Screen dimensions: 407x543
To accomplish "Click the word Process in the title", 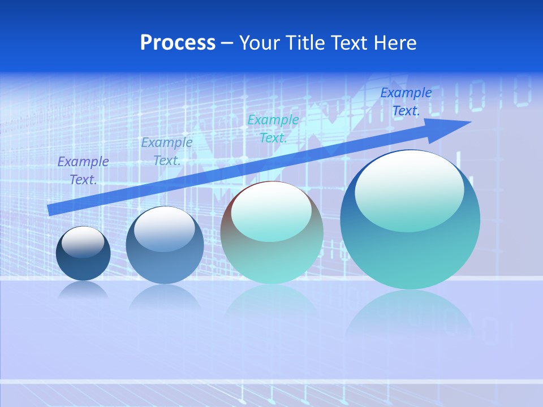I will [178, 43].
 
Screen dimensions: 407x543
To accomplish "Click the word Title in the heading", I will [303, 43].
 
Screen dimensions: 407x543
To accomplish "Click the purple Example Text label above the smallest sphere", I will [83, 170].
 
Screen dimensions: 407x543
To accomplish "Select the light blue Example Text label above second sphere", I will [167, 151].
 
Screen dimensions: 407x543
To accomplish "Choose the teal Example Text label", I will [273, 128].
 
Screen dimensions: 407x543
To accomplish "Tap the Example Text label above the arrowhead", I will [406, 102].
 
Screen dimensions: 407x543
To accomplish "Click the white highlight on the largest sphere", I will [409, 189].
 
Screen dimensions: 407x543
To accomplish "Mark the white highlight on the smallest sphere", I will [83, 242].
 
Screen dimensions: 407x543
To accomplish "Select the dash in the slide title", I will [227, 43].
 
